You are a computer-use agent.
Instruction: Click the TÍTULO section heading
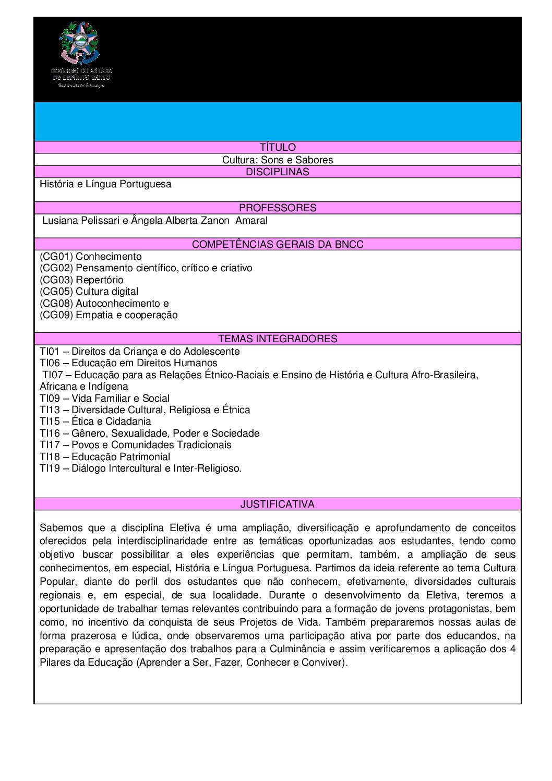(x=278, y=148)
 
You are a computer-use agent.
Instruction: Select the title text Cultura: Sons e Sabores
(x=278, y=160)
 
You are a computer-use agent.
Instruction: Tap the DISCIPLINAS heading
(x=278, y=172)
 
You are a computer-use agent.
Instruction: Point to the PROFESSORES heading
(x=278, y=208)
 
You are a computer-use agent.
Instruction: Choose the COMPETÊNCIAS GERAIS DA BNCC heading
(x=278, y=244)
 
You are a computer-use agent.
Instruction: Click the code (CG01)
(x=56, y=256)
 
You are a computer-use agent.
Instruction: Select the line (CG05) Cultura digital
(x=89, y=291)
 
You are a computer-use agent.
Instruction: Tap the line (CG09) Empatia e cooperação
(x=109, y=315)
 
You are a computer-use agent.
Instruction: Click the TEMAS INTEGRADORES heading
(x=278, y=339)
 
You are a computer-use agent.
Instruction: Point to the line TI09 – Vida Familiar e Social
(x=105, y=398)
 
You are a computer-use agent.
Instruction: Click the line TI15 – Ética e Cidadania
(x=95, y=421)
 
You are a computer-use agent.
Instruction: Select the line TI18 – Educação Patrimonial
(x=105, y=456)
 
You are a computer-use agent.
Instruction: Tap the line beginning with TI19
(x=141, y=468)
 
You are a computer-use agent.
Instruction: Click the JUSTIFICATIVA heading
(x=278, y=504)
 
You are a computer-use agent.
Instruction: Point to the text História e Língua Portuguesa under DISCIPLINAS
(x=105, y=184)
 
